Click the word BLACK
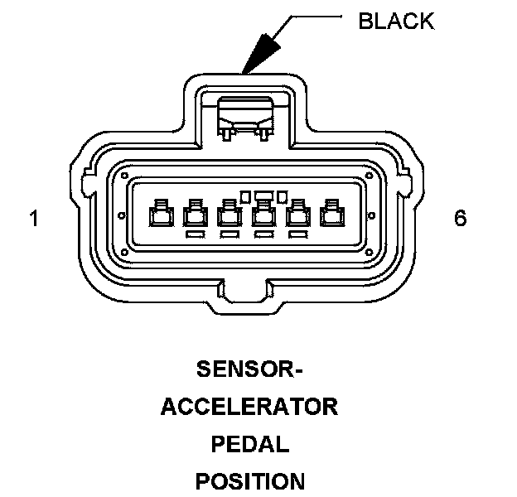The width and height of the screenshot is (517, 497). pos(396,21)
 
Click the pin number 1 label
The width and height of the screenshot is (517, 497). pos(34,218)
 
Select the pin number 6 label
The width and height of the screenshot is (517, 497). pos(461,218)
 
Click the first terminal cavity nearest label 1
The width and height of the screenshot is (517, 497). pos(162,213)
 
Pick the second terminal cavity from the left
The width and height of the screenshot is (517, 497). pos(196,213)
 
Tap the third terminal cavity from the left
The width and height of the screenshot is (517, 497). pos(230,213)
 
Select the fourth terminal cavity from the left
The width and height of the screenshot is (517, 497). pos(264,213)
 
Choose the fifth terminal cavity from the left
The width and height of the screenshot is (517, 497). pos(298,213)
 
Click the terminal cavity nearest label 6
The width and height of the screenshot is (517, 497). pos(333,213)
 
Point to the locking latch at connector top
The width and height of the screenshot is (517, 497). pos(245,118)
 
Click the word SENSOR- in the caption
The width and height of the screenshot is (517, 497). pos(249,369)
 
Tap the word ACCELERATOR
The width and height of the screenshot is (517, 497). pos(249,407)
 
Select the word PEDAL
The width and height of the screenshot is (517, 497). pos(250,444)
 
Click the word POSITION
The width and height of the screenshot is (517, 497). pos(250,481)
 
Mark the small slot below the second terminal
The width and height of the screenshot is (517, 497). pos(196,234)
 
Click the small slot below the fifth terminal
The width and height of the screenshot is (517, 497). pos(298,234)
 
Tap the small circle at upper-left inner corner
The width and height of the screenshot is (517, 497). pos(124,176)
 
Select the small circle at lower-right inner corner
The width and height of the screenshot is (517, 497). pos(370,253)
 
